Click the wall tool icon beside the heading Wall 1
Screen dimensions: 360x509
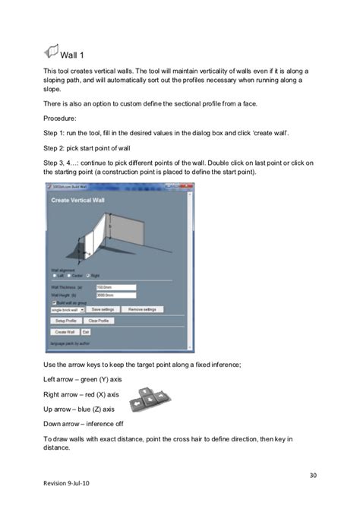pyautogui.click(x=55, y=52)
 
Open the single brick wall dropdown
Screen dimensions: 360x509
pyautogui.click(x=67, y=310)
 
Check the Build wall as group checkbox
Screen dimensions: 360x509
pyautogui.click(x=53, y=302)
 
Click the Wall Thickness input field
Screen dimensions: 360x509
pyautogui.click(x=115, y=287)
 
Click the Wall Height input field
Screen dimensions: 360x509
pyautogui.click(x=115, y=295)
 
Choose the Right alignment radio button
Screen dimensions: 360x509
pyautogui.click(x=88, y=275)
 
